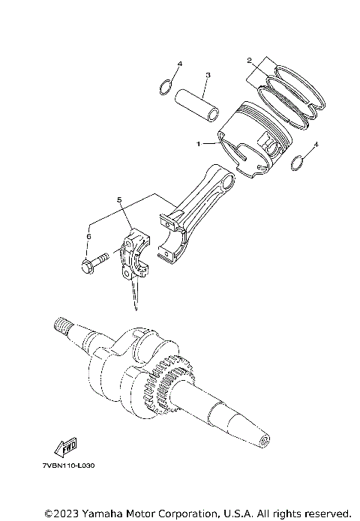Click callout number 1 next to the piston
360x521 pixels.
pos(198,142)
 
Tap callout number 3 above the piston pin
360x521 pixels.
pos(208,75)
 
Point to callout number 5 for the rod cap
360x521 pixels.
pos(118,200)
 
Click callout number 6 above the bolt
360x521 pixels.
pos(88,235)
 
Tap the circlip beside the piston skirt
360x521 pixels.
pos(296,163)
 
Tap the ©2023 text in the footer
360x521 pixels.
pos(61,513)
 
